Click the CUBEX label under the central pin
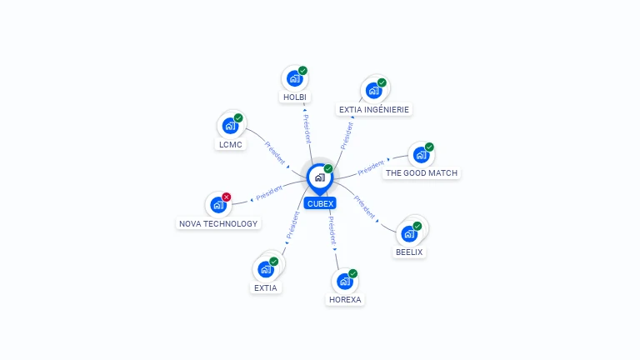[x=320, y=203]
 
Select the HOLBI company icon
[x=294, y=78]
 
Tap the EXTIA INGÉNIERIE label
[x=374, y=109]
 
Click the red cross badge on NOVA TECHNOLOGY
[x=227, y=197]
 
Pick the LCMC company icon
[x=230, y=126]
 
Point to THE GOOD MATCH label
[x=422, y=173]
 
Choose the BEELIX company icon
[x=409, y=234]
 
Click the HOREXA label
[x=345, y=300]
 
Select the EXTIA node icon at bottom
[x=266, y=269]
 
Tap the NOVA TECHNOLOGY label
[x=218, y=223]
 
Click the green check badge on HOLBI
[x=302, y=71]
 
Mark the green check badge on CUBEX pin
[x=328, y=168]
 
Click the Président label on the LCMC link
[x=275, y=152]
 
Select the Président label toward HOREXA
[x=332, y=231]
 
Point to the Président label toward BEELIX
[x=364, y=207]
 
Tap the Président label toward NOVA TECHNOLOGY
[x=269, y=192]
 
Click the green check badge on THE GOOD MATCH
[x=429, y=147]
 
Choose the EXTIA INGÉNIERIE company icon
[x=373, y=90]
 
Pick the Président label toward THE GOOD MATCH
[x=371, y=167]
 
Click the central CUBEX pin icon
[x=320, y=178]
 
